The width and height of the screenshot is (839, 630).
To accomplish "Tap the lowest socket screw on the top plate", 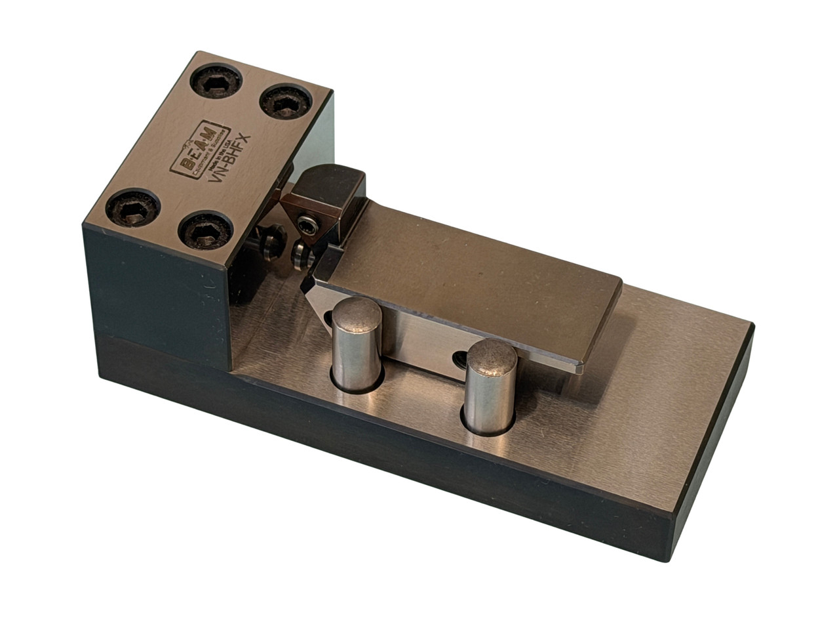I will click(205, 232).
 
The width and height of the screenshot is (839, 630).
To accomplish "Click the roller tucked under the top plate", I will click(269, 243).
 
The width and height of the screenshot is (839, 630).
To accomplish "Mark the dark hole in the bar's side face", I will click(461, 357).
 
